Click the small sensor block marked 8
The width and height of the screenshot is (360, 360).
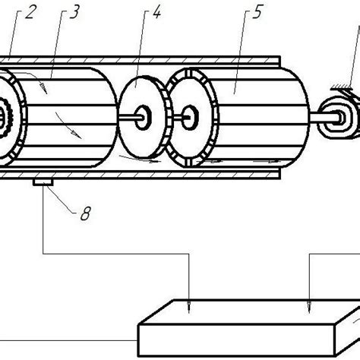click(41, 182)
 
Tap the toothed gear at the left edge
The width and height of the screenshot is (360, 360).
click(8, 118)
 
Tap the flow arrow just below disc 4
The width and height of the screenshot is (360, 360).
click(149, 161)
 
